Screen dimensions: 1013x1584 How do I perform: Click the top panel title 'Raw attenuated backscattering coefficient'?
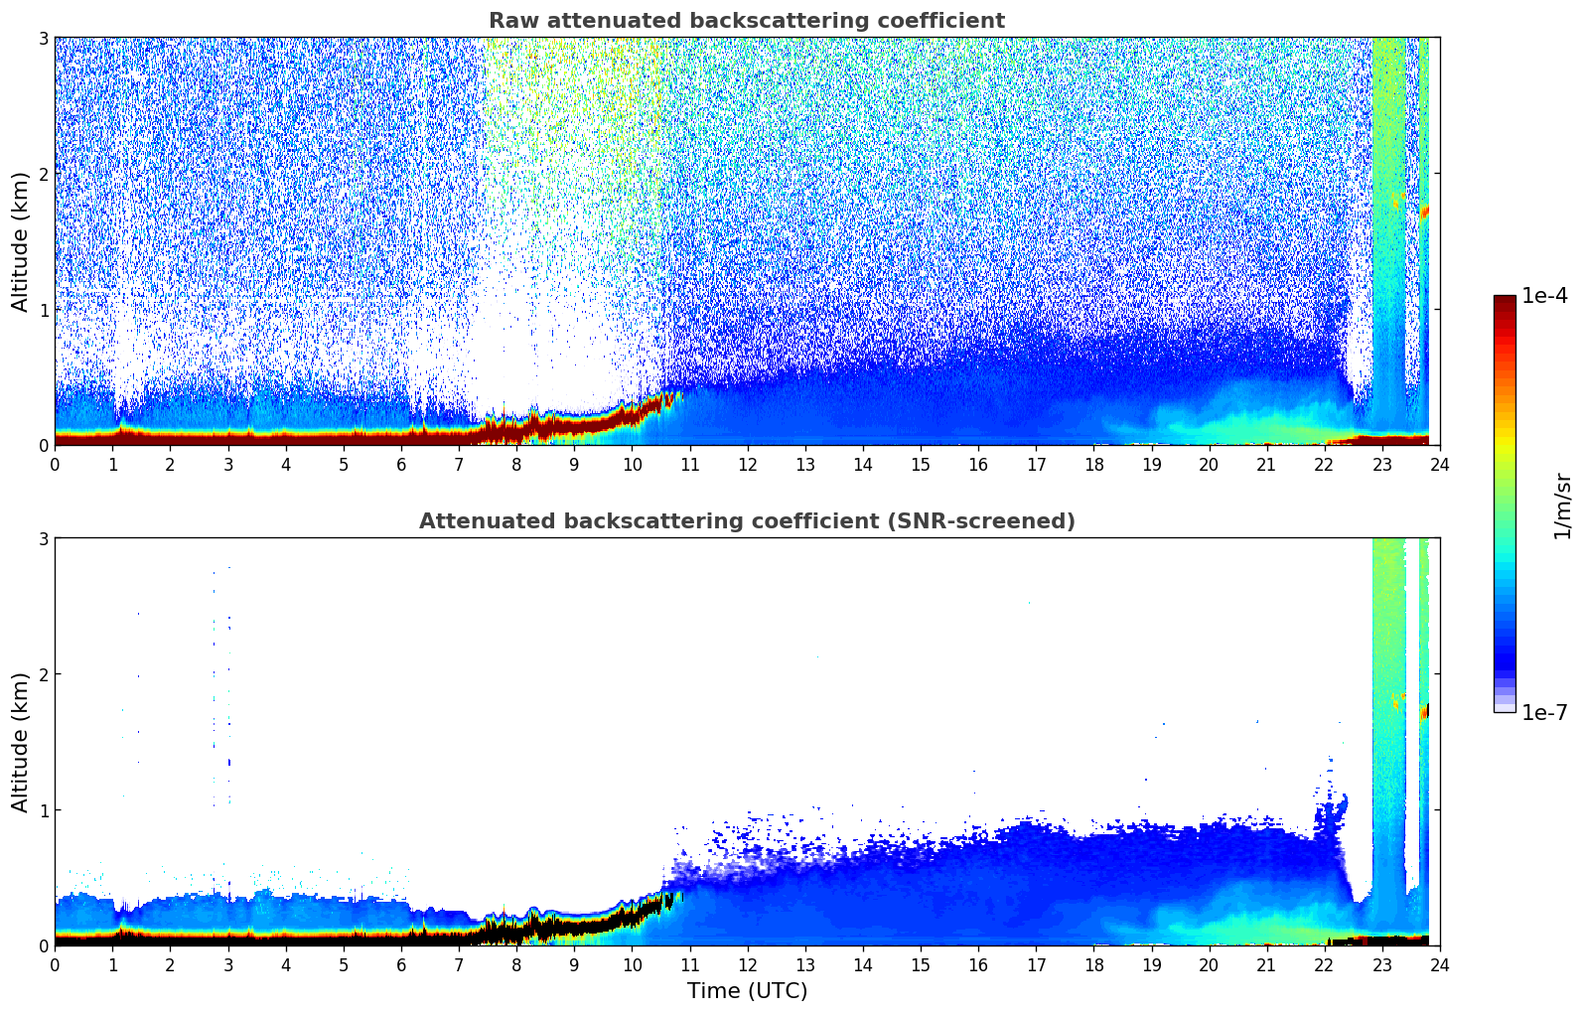(746, 21)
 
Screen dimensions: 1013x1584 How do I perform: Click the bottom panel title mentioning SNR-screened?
(746, 521)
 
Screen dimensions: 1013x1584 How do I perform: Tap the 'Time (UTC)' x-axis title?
(747, 990)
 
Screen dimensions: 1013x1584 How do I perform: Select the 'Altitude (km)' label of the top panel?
(20, 241)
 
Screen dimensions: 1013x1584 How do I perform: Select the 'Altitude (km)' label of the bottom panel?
(20, 742)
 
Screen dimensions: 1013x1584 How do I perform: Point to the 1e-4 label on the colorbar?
(1544, 296)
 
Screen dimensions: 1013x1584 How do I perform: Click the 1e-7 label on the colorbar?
(1544, 712)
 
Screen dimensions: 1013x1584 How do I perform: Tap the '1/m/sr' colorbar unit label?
(1562, 505)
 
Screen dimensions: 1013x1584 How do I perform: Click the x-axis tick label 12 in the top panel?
(747, 464)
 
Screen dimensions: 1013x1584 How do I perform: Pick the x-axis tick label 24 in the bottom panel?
(1439, 964)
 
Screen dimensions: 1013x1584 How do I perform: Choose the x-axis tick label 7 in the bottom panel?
(459, 964)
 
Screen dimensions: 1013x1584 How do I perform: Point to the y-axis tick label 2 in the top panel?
(43, 174)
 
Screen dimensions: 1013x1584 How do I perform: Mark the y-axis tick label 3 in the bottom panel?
(43, 538)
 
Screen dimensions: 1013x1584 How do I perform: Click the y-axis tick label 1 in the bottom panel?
(43, 810)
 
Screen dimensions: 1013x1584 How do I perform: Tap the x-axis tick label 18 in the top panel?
(1093, 464)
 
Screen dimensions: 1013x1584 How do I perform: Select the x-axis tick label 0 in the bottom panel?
(55, 964)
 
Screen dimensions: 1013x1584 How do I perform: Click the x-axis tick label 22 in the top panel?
(1324, 464)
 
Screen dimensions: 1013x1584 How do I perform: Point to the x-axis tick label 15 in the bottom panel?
(921, 964)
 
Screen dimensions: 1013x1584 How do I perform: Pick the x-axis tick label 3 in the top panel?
(227, 464)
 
